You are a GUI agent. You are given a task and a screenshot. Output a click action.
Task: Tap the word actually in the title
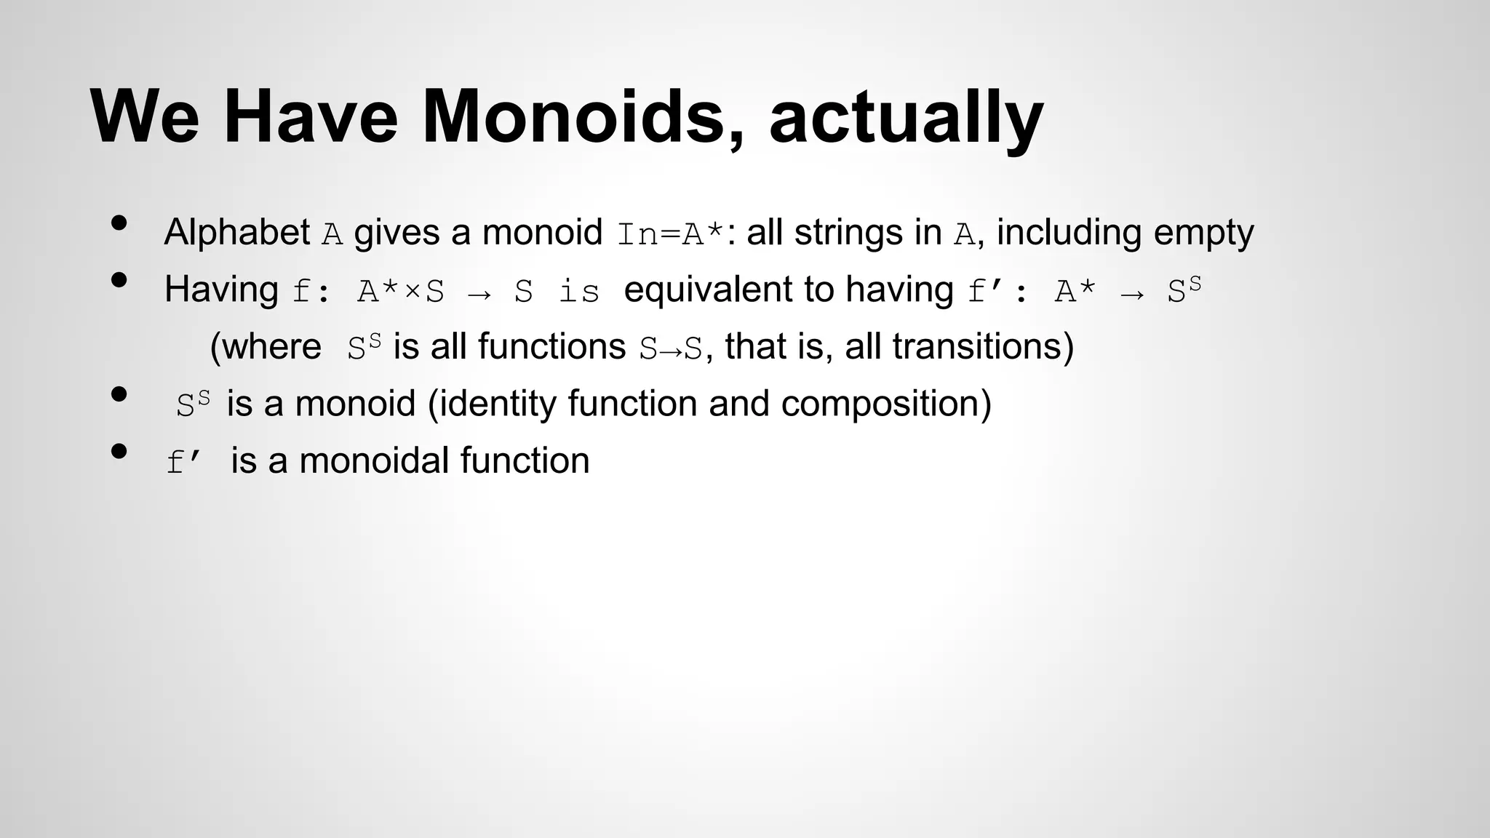pos(906,118)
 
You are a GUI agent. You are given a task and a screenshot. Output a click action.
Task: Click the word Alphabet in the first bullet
pos(237,233)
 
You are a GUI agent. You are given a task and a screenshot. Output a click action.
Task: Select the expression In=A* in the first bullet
pos(670,235)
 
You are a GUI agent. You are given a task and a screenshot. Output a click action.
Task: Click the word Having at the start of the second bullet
pos(221,290)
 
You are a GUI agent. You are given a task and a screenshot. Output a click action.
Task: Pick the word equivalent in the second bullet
pos(708,290)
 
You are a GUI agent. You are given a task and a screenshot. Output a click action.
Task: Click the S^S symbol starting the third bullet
pos(193,404)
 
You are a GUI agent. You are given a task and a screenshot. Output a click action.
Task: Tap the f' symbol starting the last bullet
pos(182,462)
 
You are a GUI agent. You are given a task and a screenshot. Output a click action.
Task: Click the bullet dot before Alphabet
pos(119,223)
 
